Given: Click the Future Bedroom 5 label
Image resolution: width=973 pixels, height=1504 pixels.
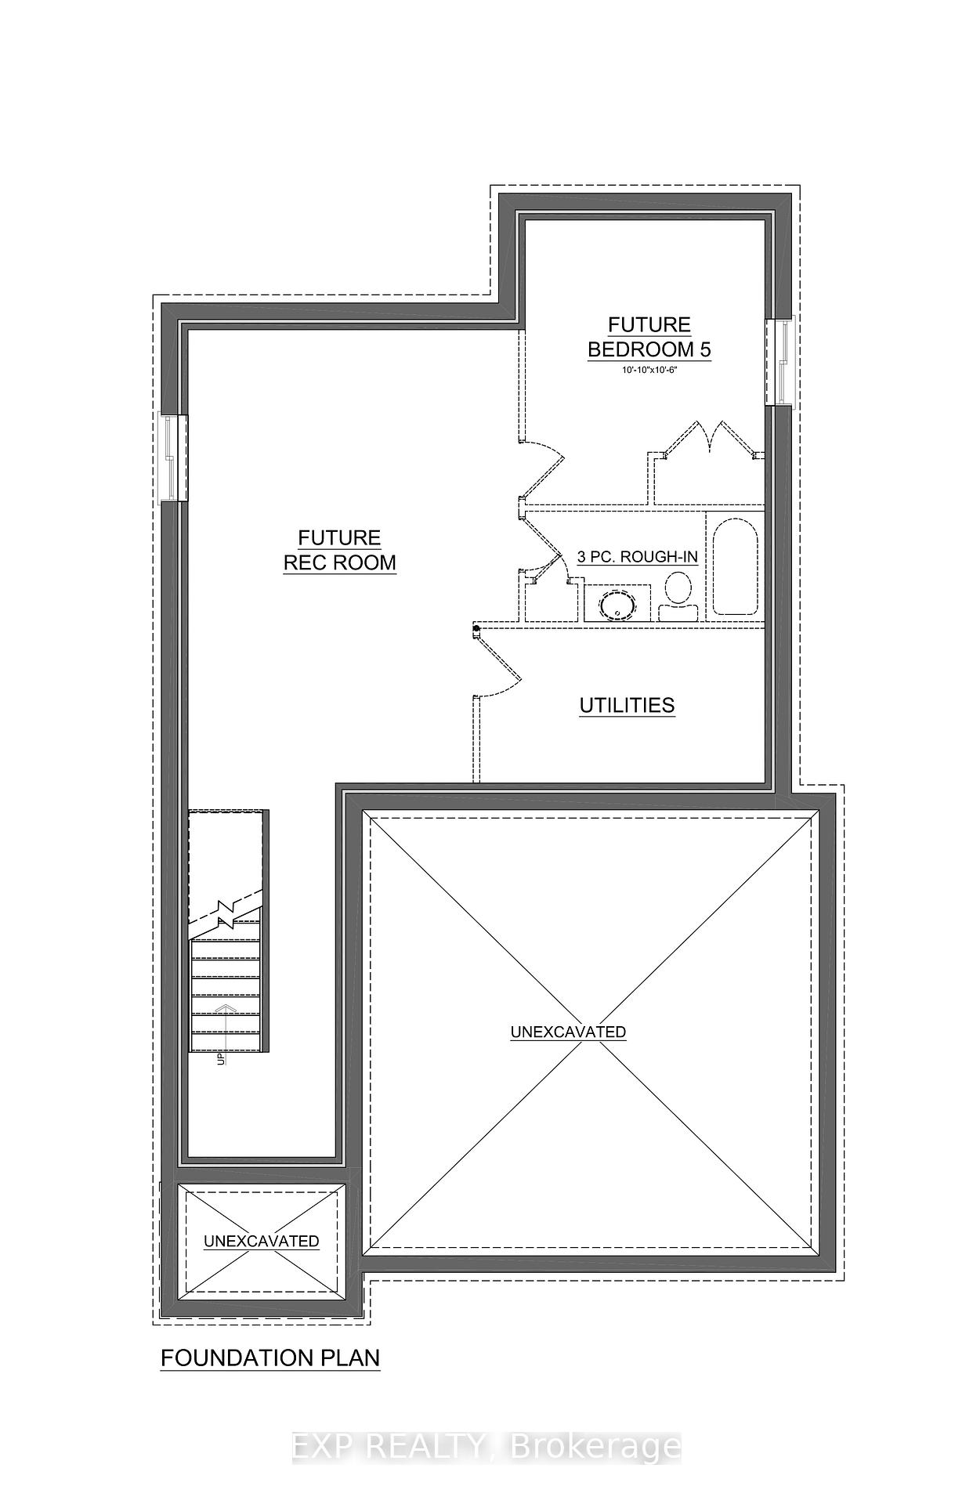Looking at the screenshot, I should click(x=649, y=337).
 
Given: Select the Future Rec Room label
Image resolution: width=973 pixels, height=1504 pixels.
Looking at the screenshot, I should click(x=340, y=550).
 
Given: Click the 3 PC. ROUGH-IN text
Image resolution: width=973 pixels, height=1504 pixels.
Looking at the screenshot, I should click(x=637, y=557).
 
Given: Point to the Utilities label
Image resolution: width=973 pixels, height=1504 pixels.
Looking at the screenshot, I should click(x=627, y=705).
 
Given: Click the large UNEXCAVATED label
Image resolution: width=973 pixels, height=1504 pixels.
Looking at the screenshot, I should click(x=568, y=1032).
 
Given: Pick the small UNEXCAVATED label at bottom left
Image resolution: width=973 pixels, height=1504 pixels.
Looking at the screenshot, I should click(x=262, y=1241).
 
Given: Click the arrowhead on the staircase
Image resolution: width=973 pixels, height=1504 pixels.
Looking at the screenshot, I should click(x=226, y=1008).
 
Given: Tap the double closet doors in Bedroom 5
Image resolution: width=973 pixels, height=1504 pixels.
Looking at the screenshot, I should click(x=709, y=439).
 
